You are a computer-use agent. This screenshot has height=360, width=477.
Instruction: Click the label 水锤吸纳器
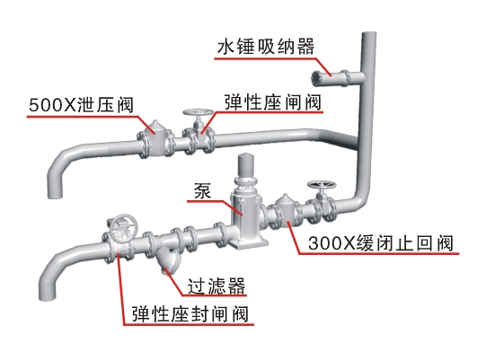pos(266,47)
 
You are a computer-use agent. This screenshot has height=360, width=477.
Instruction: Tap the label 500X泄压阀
pos(81,105)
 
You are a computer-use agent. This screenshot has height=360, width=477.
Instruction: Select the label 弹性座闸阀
pos(273,102)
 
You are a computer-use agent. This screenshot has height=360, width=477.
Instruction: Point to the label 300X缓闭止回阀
pos(381,243)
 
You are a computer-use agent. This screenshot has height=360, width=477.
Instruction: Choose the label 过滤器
pos(216,285)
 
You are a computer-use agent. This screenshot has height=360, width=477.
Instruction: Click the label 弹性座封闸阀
pos(190,314)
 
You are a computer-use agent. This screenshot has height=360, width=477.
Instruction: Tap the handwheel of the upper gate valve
pos(198,112)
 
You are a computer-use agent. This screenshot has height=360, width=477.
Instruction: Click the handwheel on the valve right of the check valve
pos(322,185)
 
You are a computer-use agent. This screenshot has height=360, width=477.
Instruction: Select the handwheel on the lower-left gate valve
pos(123,227)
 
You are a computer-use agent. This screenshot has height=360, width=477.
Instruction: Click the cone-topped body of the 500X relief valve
pos(155,134)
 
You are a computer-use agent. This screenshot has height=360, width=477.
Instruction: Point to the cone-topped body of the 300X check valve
pos(286,210)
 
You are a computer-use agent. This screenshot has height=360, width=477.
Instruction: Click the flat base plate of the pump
pos(249,243)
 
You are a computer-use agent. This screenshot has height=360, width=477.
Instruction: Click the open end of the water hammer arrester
pos(315,78)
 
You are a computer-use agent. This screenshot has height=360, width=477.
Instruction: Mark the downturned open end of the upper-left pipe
pos(55,195)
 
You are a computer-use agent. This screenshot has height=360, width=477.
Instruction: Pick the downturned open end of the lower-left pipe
pos(47,297)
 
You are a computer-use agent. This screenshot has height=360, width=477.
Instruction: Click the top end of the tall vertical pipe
pos(369,33)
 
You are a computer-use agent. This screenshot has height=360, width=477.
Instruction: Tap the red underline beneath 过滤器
pos(214,295)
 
